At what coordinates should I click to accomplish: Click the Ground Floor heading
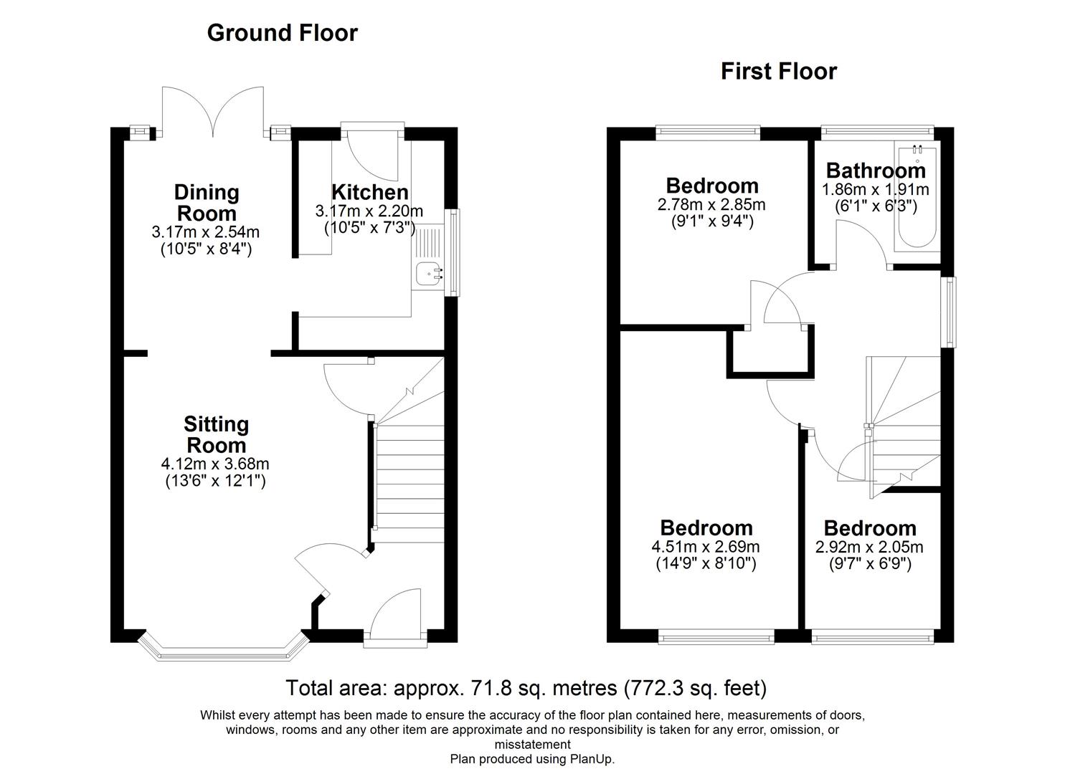pyautogui.click(x=282, y=33)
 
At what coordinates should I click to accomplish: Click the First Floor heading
pyautogui.click(x=778, y=72)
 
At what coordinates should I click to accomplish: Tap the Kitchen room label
pyautogui.click(x=369, y=192)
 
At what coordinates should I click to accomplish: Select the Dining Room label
pyautogui.click(x=207, y=203)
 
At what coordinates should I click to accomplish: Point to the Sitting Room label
pyautogui.click(x=216, y=434)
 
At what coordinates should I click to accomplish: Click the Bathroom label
pyautogui.click(x=876, y=171)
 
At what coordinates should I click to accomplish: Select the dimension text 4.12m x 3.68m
pyautogui.click(x=215, y=464)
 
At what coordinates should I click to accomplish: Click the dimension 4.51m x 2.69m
pyautogui.click(x=706, y=547)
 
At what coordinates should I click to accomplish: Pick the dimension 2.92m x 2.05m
pyautogui.click(x=869, y=547)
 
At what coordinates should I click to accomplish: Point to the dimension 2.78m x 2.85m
pyautogui.click(x=711, y=205)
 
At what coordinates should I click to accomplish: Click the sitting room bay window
pyautogui.click(x=222, y=646)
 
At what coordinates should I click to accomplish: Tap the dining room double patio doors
pyautogui.click(x=213, y=111)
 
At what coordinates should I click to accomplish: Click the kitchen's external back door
pyautogui.click(x=372, y=154)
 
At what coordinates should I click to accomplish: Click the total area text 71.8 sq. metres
pyautogui.click(x=526, y=688)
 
